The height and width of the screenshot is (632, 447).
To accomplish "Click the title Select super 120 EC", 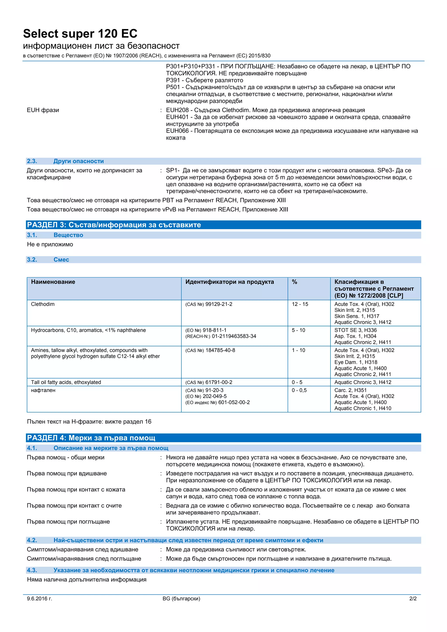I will (80, 34).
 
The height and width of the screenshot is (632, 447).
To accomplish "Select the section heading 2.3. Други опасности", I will (65, 161).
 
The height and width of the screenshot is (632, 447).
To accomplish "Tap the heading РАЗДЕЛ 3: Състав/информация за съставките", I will (114, 225).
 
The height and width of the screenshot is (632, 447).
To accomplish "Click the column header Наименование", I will (53, 282).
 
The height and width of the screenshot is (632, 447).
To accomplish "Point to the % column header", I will (294, 282).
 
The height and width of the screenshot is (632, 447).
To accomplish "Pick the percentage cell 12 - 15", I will (300, 304).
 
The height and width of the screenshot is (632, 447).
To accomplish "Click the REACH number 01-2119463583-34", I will (234, 336).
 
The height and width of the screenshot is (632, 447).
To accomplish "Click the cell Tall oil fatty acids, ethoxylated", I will (66, 382).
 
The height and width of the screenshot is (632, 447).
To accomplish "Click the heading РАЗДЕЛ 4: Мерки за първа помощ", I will (91, 438).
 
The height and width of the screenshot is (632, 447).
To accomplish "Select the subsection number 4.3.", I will (32, 570).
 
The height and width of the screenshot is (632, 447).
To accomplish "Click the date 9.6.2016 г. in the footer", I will (39, 598).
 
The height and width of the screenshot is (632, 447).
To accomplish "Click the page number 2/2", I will (413, 598).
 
